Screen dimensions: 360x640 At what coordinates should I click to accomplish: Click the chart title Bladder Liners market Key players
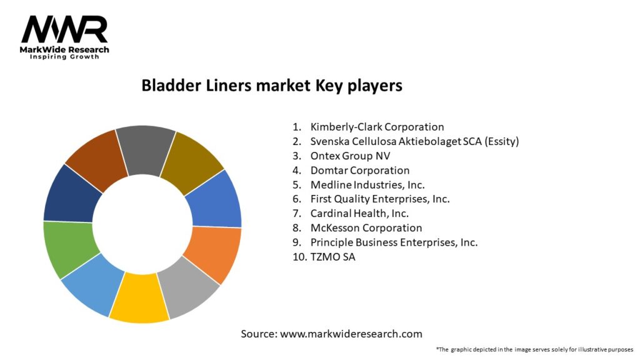(272, 86)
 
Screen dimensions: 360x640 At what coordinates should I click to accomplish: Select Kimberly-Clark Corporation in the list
(377, 127)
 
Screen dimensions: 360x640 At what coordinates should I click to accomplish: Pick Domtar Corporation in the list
(359, 170)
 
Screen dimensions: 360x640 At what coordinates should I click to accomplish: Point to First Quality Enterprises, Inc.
(379, 199)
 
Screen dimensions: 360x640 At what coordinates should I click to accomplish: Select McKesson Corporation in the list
(366, 227)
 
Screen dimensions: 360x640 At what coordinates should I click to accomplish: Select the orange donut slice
(212, 253)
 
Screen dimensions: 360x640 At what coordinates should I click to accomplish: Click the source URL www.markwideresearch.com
(351, 334)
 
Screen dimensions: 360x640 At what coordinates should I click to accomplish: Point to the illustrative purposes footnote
(534, 349)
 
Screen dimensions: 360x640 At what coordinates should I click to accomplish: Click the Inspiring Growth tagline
(66, 57)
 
